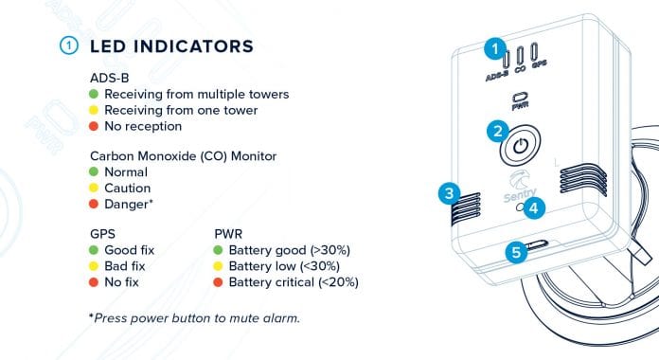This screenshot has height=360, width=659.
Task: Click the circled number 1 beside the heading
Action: coord(67,45)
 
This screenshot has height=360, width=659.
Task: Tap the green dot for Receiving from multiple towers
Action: coord(94,95)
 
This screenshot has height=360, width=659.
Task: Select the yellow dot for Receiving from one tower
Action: coord(94,110)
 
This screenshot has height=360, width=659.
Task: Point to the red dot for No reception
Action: coord(94,125)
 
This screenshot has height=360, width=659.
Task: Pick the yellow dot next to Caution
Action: coord(94,189)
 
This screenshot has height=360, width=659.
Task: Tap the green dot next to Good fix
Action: coord(94,251)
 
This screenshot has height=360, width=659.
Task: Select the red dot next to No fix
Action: coord(94,281)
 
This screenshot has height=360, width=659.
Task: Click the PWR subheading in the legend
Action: coord(229,235)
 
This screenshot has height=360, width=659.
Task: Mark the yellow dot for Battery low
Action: coord(220,266)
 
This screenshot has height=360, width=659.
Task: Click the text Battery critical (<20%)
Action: coord(294,281)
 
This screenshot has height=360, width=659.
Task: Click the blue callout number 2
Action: coord(494,132)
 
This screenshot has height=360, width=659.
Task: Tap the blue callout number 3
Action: coord(449,193)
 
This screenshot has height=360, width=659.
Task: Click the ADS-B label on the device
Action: coord(495,72)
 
